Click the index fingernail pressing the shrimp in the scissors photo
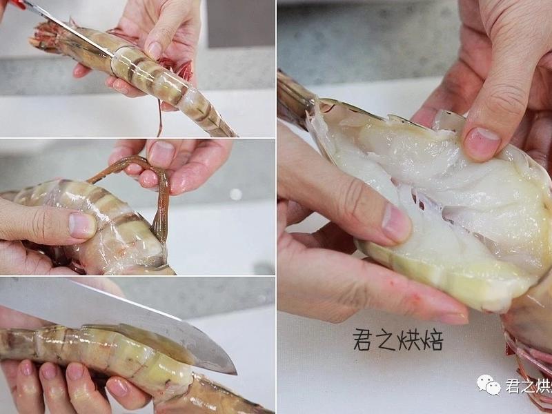pos(154,50)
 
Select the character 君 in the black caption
pos(363,339)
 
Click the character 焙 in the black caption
pos(432,339)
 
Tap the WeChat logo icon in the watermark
pos(489,384)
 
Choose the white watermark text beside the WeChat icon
pos(529,385)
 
